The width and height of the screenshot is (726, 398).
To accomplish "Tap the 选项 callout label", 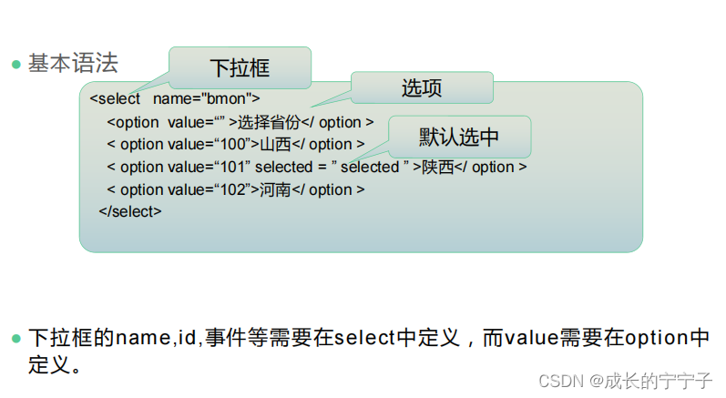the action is pos(422,88).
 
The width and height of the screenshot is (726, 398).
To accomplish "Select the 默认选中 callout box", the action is pos(459,137).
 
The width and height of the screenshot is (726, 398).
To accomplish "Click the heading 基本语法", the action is pos(73,63).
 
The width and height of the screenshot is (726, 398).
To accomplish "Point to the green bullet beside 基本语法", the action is pos(15,64).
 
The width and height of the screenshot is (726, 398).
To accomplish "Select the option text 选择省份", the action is pos(269,122).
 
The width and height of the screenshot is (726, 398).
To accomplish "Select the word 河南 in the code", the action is pos(275,189).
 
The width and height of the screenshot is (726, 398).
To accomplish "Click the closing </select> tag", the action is pos(130,211).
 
